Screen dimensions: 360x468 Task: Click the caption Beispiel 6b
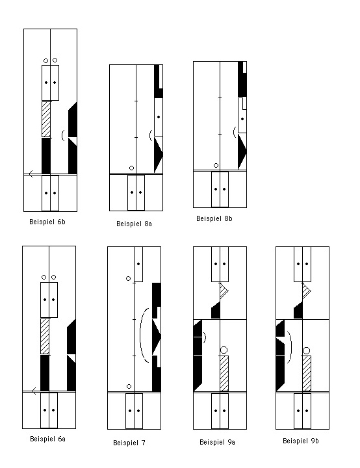tap(47, 222)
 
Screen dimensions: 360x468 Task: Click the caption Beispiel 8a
tap(134, 224)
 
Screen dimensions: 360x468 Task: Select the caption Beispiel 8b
tap(214, 218)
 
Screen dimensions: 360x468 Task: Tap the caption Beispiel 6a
tap(47, 439)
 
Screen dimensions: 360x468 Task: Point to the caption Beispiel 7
tap(129, 443)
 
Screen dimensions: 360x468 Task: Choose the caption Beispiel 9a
tap(217, 442)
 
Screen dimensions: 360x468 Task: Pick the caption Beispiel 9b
tap(301, 441)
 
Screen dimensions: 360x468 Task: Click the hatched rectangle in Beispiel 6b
tap(46, 120)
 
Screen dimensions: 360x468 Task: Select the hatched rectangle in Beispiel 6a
tap(45, 337)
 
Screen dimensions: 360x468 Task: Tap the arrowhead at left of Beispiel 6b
tap(31, 174)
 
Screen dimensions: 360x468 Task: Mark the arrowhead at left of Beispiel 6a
tap(34, 391)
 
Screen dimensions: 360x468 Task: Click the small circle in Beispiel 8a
tap(132, 168)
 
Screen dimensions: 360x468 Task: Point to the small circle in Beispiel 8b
tap(216, 165)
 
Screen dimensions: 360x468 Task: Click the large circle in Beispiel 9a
tap(224, 350)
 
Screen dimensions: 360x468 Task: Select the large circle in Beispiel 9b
tap(306, 350)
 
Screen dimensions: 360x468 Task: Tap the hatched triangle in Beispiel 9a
tap(224, 291)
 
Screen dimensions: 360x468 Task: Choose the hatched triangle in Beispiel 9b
tap(305, 291)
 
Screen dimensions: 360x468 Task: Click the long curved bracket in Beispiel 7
tap(140, 335)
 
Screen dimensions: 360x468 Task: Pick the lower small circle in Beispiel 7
tap(129, 387)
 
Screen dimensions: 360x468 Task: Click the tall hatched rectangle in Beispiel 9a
tap(224, 373)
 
